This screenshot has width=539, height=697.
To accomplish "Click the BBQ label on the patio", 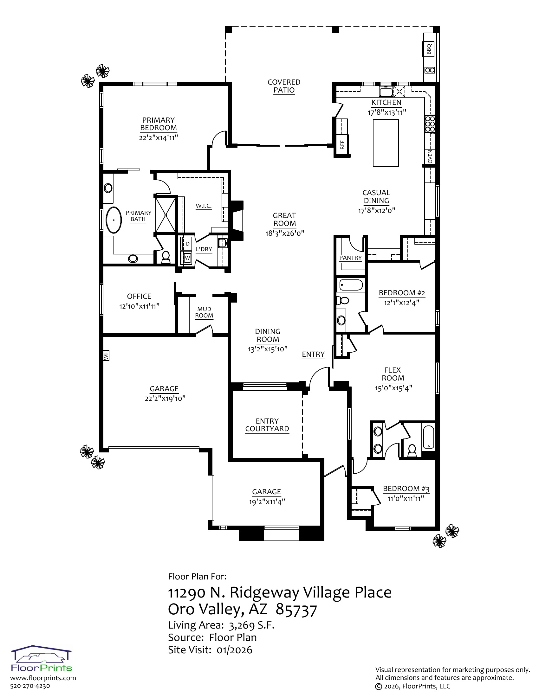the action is [429, 49].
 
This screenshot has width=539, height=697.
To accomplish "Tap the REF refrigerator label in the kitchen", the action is [342, 145].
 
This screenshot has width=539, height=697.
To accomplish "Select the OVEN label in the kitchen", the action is [430, 157].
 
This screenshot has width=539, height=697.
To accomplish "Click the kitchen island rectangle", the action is [386, 143].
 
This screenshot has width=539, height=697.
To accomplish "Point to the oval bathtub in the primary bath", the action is [114, 220].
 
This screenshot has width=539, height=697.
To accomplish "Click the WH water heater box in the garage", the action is [106, 355].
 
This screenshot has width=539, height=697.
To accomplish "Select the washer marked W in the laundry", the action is [187, 258].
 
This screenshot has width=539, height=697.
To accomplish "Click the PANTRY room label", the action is [350, 258].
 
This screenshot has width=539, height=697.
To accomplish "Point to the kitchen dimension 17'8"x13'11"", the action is [387, 112].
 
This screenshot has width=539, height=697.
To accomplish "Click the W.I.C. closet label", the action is [204, 206].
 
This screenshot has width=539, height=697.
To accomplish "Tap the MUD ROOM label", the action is [204, 312].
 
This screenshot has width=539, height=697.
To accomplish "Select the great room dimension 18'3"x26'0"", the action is [284, 233].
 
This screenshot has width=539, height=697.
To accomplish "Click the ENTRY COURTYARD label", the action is [267, 425].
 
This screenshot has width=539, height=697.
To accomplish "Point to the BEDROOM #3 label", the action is [406, 489].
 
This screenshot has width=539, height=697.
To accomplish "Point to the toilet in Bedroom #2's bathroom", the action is [343, 300].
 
